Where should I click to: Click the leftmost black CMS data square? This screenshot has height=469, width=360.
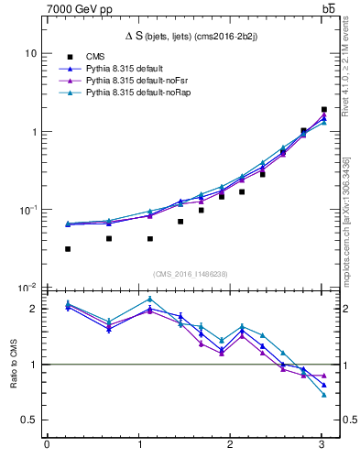pos(68,249)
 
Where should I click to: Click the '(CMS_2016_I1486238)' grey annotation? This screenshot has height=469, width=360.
pos(191,274)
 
